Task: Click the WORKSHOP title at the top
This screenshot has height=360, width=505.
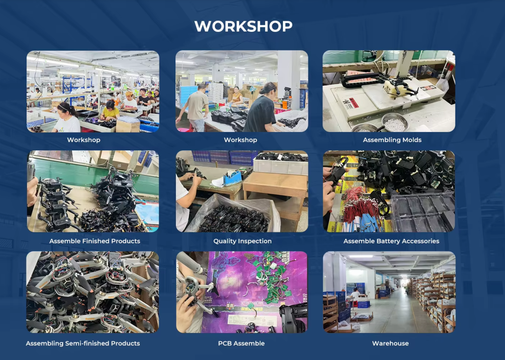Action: pos(243,26)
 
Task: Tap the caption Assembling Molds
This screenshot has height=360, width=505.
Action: pos(392,140)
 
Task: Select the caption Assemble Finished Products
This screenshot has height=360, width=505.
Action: pos(94,241)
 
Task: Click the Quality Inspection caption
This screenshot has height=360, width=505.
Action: pos(242,241)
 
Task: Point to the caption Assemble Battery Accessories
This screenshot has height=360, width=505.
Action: pos(391,241)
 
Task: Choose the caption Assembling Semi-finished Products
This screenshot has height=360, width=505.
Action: pos(83,343)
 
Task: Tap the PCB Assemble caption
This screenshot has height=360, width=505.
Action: pos(241,343)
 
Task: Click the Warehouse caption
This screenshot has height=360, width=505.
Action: pos(390,343)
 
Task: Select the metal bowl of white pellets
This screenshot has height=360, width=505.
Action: pos(395,122)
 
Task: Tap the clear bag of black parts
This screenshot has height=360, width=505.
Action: pos(234,214)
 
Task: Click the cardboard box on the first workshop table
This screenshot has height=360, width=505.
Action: pos(128,124)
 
